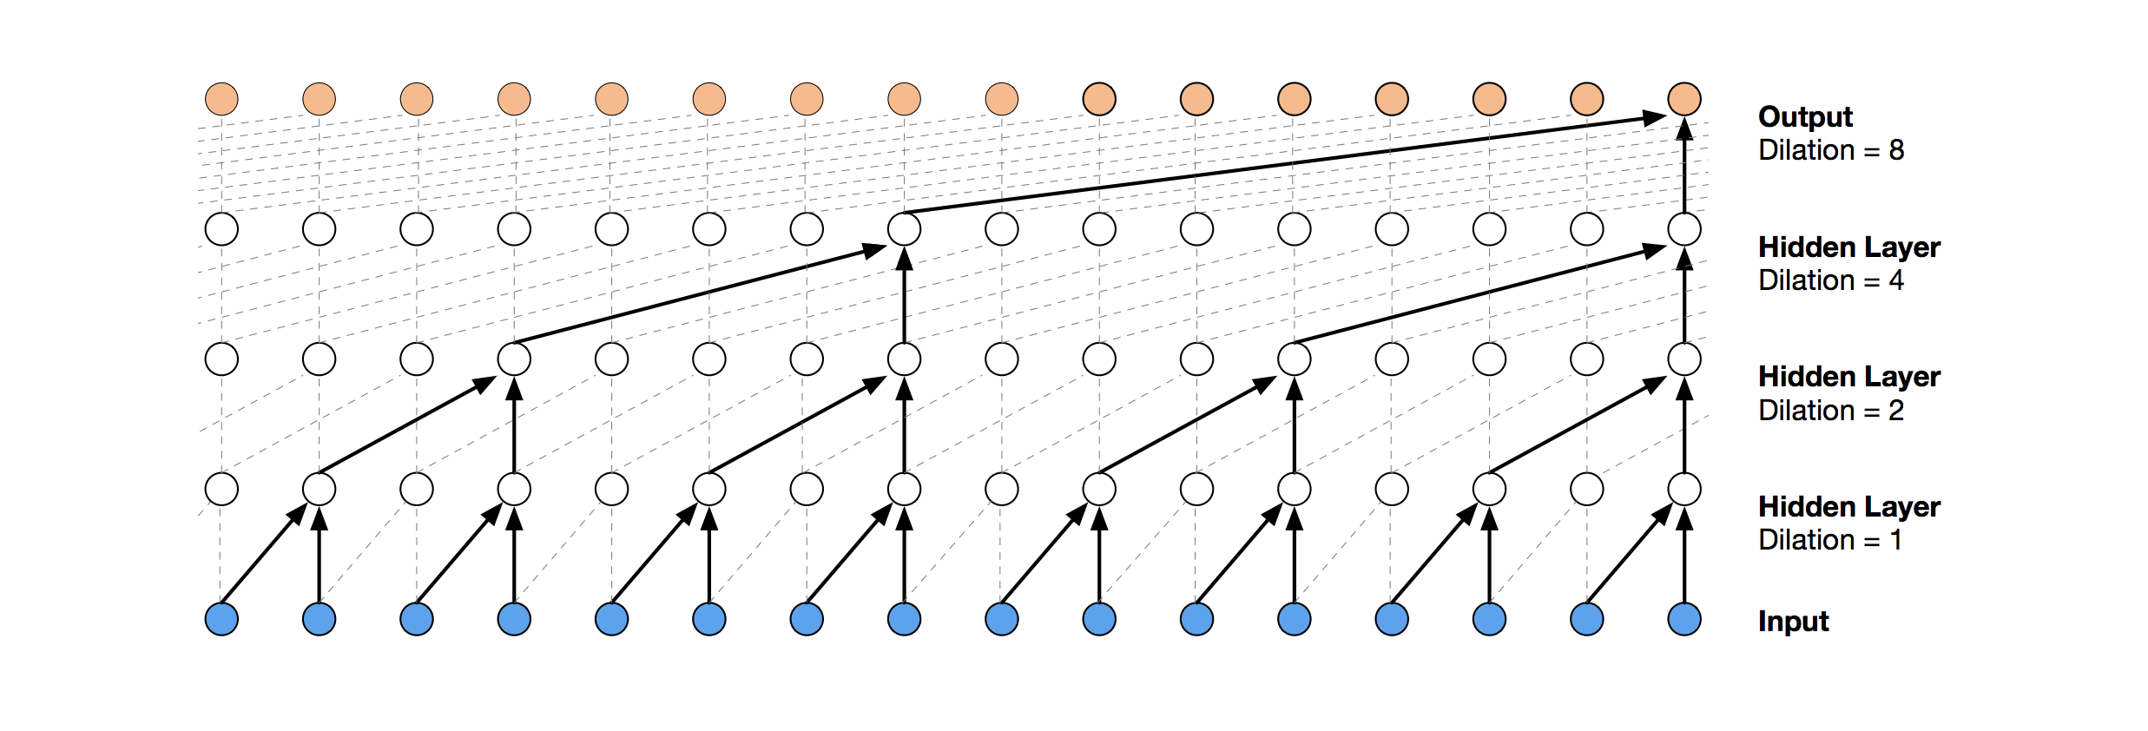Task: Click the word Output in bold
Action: tap(1804, 117)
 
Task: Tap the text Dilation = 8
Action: tap(1830, 150)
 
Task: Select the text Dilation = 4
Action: tap(1830, 280)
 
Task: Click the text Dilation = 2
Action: tap(1830, 411)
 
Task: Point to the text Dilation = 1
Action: tap(1829, 540)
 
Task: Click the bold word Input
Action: tap(1793, 622)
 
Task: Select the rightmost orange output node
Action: tap(1684, 99)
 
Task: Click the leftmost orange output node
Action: tap(221, 99)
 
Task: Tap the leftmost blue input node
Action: tap(221, 620)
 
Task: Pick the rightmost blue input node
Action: tap(1684, 620)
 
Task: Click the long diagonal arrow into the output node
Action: tap(1285, 164)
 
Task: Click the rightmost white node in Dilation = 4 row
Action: tap(1684, 229)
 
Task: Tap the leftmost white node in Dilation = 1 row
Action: tap(221, 489)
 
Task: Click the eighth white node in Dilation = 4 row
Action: tap(904, 229)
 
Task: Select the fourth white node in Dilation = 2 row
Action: tap(514, 359)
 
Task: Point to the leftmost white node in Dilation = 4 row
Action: tap(221, 229)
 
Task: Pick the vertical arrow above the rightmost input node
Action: tap(1684, 556)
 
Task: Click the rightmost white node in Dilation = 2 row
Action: tap(1684, 359)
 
